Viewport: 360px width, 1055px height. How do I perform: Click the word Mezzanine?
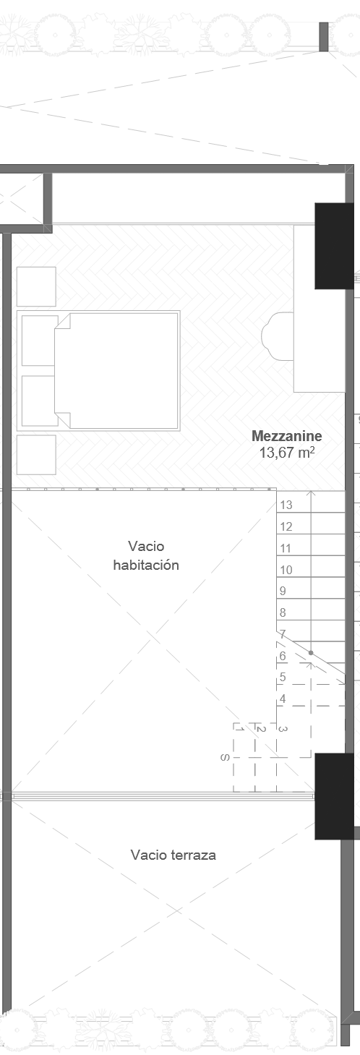(286, 436)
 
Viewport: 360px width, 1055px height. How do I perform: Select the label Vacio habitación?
(146, 555)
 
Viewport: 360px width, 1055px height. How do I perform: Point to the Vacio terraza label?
(173, 855)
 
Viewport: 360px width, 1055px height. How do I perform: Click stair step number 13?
(286, 505)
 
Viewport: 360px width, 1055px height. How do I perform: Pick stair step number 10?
(286, 570)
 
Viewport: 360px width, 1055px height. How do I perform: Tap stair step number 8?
(283, 612)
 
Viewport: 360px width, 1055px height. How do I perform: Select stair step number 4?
(283, 699)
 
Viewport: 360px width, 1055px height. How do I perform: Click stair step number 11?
(286, 548)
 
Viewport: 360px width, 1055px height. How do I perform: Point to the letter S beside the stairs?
(226, 758)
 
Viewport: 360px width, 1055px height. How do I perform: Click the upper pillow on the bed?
(39, 341)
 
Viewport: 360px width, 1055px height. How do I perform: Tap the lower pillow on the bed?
(39, 400)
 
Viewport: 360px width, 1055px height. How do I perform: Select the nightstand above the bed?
(36, 286)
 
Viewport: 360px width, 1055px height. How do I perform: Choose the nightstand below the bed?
(36, 454)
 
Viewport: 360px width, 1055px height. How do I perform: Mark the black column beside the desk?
(334, 246)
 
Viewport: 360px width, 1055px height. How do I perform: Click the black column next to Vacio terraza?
(334, 795)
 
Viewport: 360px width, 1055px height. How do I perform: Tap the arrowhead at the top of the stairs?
(310, 494)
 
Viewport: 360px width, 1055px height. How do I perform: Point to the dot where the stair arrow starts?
(311, 653)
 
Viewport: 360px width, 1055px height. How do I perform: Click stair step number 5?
(283, 678)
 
